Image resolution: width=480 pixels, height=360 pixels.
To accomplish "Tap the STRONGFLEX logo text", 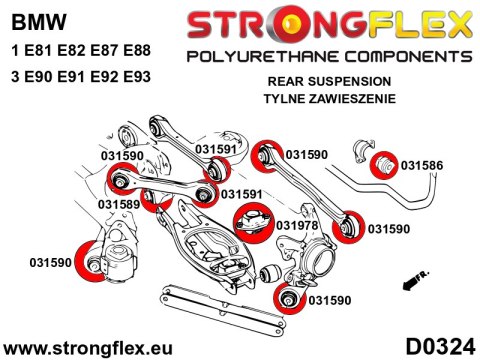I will pos(327,20).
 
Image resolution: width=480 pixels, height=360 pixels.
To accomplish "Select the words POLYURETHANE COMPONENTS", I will pos(326,52).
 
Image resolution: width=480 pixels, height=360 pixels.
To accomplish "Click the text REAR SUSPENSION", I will pos(327,81).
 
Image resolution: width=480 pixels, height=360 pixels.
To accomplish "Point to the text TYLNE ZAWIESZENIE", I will pos(327,98).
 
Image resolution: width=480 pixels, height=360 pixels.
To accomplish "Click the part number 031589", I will pos(118,203).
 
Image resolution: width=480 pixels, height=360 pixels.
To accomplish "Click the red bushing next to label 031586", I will pos(384,163).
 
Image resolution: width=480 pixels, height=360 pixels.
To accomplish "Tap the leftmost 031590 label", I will pos(45,263).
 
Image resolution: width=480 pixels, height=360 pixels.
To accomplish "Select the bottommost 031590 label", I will pos(331,299).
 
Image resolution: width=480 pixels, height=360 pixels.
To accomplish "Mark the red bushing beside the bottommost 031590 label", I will pos(287,298).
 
